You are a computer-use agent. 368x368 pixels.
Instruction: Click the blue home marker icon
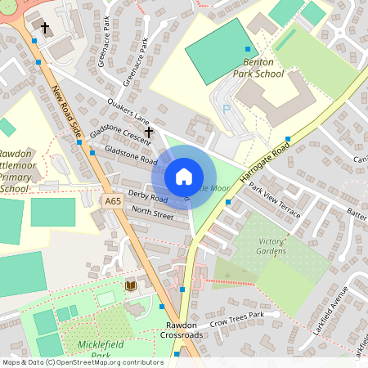(x=184, y=177)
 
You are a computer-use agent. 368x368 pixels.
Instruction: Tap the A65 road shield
(x=114, y=200)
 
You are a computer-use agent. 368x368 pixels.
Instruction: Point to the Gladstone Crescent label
(x=120, y=130)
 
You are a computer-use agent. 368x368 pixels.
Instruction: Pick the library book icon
(x=130, y=285)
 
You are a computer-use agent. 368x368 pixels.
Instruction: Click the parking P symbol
(x=227, y=109)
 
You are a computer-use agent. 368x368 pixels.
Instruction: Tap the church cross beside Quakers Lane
(x=149, y=131)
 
